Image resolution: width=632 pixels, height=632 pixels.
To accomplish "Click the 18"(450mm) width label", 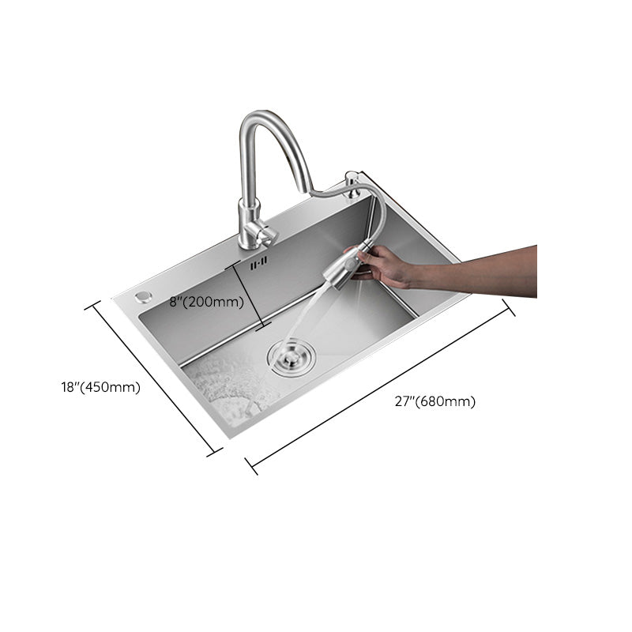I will coord(100,387).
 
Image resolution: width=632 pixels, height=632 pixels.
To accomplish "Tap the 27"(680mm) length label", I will coord(435,401).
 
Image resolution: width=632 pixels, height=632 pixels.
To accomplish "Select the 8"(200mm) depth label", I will coord(205,301).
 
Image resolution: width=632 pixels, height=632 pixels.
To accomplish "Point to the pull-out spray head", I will coord(340,269).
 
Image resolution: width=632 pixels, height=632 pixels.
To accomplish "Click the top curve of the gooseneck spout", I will coord(265,116).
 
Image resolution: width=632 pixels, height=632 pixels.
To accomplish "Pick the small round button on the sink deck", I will coord(142,296).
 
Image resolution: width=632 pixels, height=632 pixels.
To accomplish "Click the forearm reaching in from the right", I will coord(482,269).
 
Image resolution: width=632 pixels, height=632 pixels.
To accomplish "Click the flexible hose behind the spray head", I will coord(371,213).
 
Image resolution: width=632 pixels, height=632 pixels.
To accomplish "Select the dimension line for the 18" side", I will coord(154,378).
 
